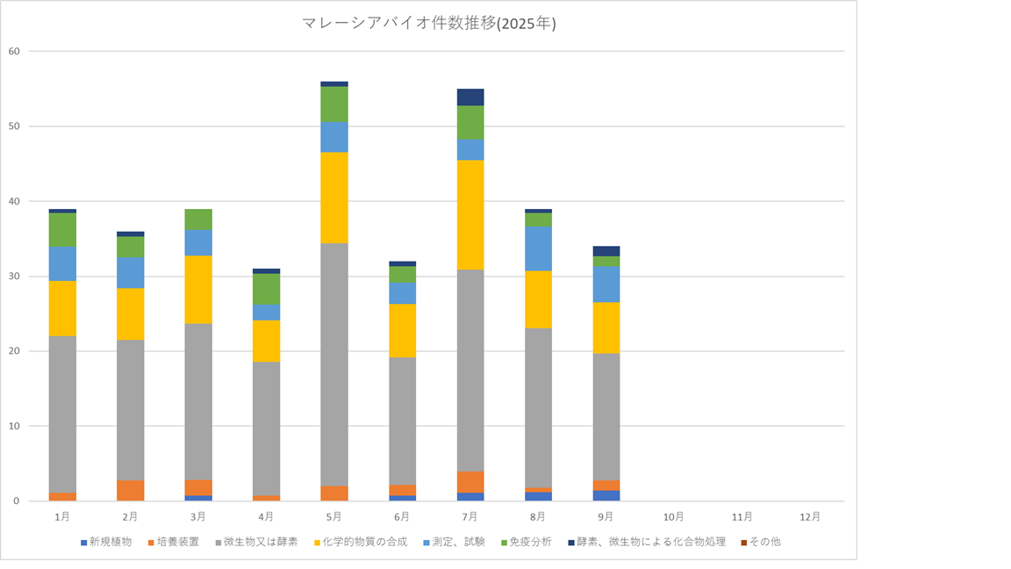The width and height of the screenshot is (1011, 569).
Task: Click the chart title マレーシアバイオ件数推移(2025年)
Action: pyautogui.click(x=429, y=25)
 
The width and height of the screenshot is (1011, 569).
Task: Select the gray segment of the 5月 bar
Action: pyautogui.click(x=334, y=364)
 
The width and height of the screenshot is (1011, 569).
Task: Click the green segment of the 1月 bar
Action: pyautogui.click(x=62, y=230)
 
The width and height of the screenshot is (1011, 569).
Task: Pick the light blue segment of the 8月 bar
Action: pyautogui.click(x=538, y=248)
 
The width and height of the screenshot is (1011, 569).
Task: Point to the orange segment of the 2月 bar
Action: pyautogui.click(x=131, y=490)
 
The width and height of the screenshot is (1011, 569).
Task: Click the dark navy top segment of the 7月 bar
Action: pyautogui.click(x=470, y=97)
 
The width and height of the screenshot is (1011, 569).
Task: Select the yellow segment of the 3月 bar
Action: pyautogui.click(x=198, y=290)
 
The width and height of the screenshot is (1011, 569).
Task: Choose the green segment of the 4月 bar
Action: pyautogui.click(x=267, y=289)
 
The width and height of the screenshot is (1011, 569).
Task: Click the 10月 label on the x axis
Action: pyautogui.click(x=674, y=516)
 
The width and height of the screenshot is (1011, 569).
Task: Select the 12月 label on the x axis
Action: pyautogui.click(x=810, y=516)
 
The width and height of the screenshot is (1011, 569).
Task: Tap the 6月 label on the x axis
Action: pyautogui.click(x=402, y=516)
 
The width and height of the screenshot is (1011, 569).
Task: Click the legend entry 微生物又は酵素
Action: pyautogui.click(x=258, y=542)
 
